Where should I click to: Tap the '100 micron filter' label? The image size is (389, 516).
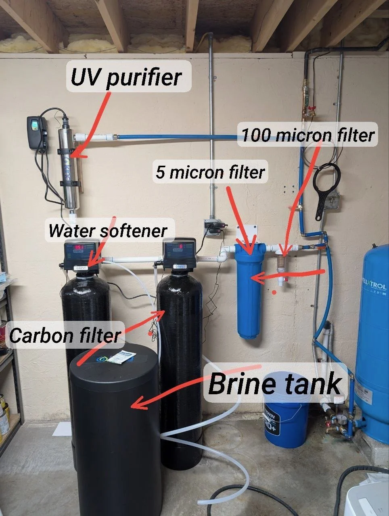click(x=308, y=135)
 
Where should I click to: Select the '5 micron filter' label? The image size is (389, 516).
click(x=210, y=172)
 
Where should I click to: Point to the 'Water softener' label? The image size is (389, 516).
click(x=107, y=231)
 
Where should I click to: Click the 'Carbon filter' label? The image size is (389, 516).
click(x=65, y=335)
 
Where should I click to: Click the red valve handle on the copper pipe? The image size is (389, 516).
click(x=311, y=109)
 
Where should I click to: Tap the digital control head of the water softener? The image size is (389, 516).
click(x=82, y=254)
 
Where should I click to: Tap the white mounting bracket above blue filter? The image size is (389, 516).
click(x=247, y=234)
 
